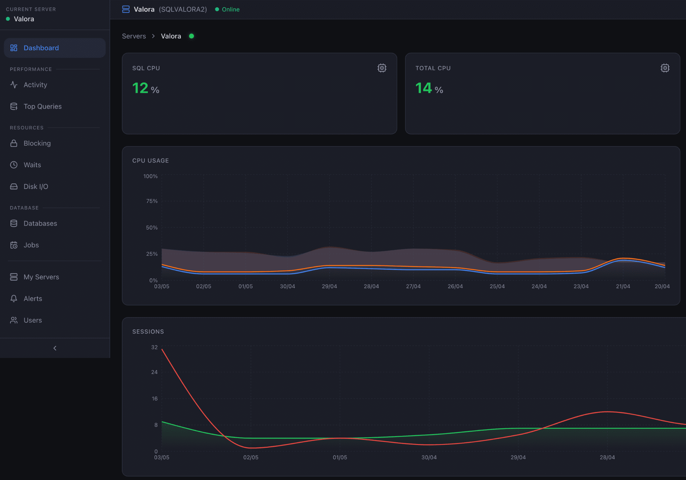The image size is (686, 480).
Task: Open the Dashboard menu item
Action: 55,48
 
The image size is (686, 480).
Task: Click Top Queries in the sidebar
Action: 43,107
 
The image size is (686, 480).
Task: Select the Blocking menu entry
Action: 37,143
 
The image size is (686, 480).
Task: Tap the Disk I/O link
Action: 36,187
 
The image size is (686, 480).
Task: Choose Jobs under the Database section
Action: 31,245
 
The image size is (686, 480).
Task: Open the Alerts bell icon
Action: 14,299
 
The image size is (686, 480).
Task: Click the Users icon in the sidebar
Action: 14,320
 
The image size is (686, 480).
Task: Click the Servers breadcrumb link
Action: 134,36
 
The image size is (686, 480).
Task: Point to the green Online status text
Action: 230,10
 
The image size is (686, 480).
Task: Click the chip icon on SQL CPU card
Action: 382,68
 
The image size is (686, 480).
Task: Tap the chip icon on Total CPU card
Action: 665,68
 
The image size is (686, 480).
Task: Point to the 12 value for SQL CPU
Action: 140,88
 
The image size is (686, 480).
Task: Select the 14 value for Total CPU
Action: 424,88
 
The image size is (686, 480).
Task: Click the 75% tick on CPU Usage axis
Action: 152,201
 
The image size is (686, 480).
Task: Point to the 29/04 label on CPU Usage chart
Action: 329,286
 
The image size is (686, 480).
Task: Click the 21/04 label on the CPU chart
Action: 623,286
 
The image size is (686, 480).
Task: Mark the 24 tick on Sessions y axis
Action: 154,372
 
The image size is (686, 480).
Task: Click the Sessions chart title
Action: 148,332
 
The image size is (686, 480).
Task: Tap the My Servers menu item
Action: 41,277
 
